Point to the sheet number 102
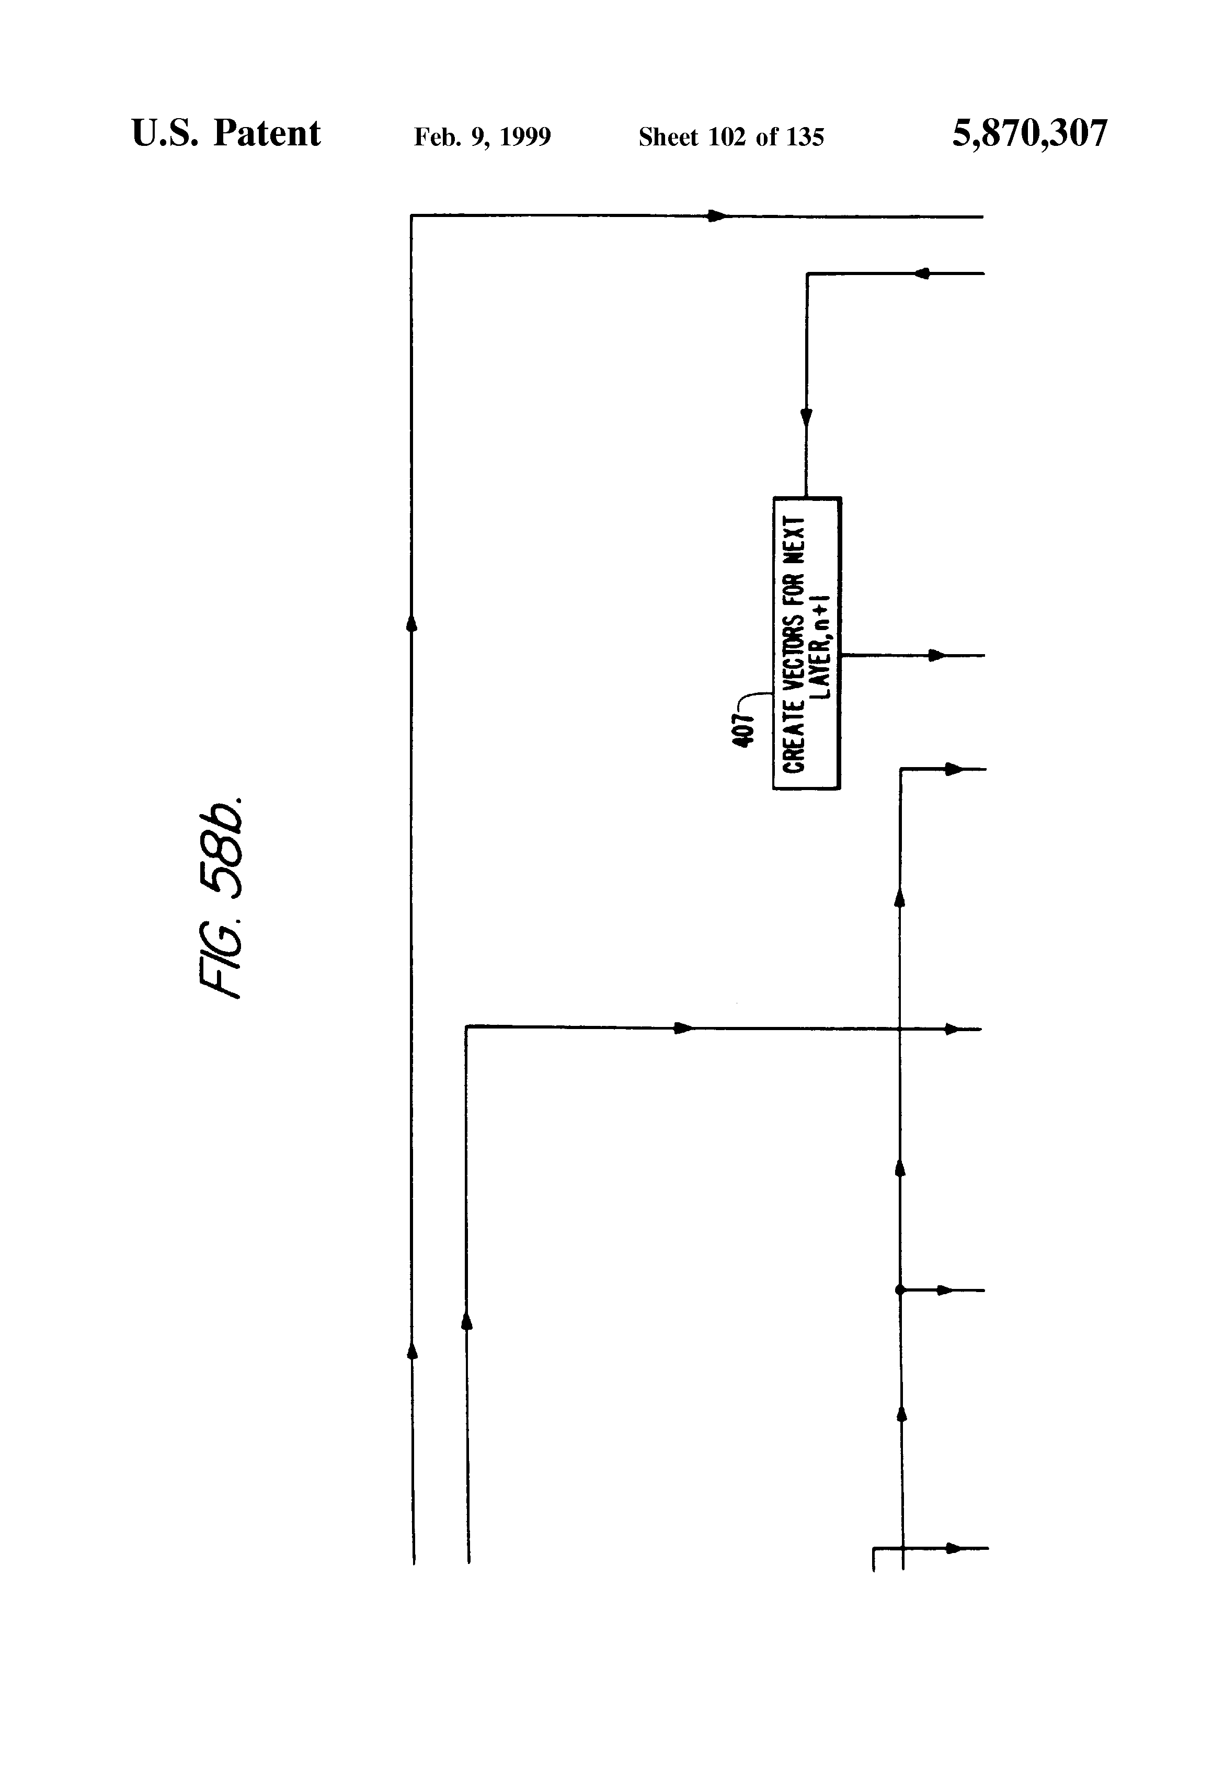pyautogui.click(x=728, y=137)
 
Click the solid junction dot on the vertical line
pyautogui.click(x=900, y=1290)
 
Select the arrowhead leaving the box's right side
pyautogui.click(x=937, y=656)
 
